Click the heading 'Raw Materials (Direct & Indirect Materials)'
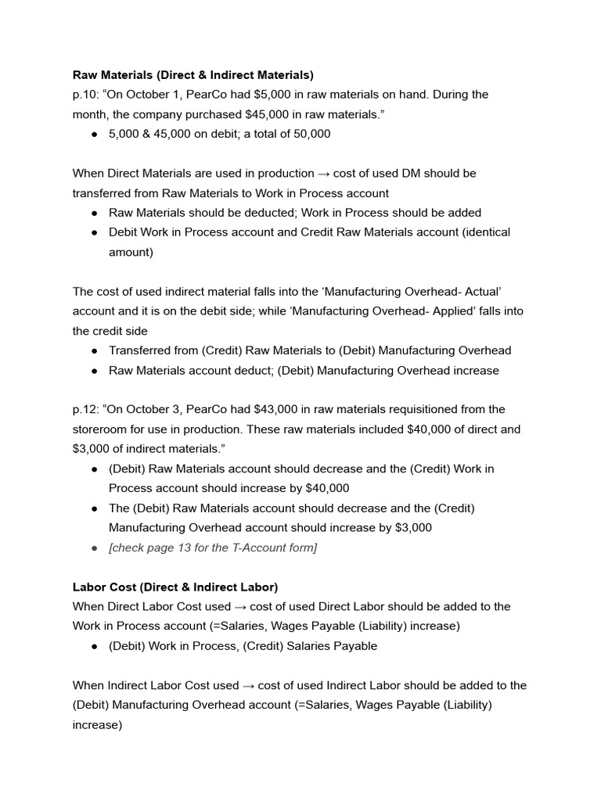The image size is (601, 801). [x=193, y=75]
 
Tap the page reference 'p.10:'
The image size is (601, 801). [x=85, y=95]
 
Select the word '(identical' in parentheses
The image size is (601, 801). [x=483, y=232]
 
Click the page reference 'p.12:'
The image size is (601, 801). [x=85, y=409]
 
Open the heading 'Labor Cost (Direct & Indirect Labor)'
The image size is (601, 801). [x=175, y=587]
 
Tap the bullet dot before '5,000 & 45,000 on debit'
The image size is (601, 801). [x=94, y=135]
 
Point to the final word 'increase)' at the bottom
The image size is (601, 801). [x=97, y=725]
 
